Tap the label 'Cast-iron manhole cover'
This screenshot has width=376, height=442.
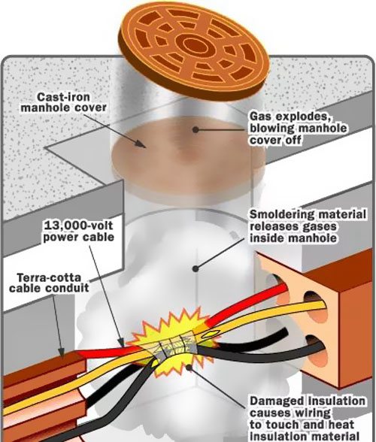(x=64, y=102)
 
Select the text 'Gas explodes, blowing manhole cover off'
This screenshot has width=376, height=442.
(x=299, y=128)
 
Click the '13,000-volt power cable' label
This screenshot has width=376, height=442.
(x=78, y=232)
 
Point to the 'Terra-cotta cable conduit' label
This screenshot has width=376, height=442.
(x=49, y=283)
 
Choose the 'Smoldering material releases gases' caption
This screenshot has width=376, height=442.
(x=308, y=226)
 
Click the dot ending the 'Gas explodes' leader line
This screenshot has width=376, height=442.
(x=196, y=129)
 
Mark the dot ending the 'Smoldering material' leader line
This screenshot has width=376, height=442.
(x=196, y=268)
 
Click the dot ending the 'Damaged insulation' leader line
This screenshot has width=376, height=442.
(x=189, y=368)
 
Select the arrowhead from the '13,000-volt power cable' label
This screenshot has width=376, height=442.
(x=121, y=343)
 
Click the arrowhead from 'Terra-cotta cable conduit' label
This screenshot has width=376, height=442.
(x=61, y=353)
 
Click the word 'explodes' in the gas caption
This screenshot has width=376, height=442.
(x=302, y=117)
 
